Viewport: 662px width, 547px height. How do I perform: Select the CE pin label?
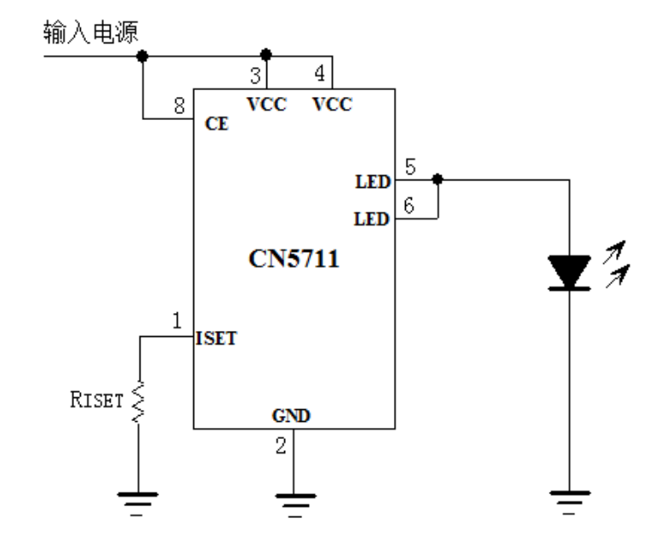coord(215,123)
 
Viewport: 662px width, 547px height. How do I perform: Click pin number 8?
coord(178,106)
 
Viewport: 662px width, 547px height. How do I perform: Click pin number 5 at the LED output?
coord(410,168)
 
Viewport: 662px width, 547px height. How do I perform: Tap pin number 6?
coord(410,207)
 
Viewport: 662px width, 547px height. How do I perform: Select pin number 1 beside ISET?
coord(177,321)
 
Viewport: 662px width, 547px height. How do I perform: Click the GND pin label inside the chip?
coord(292,417)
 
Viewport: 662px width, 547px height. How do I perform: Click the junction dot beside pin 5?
coord(437,179)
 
